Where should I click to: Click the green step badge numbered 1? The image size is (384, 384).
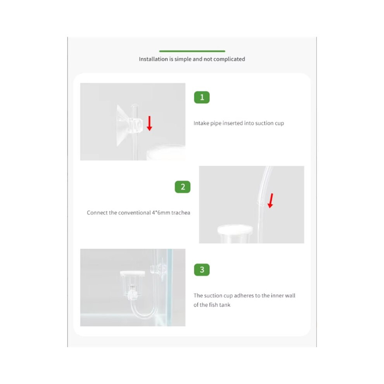tap(202, 97)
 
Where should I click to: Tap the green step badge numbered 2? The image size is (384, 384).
tap(182, 187)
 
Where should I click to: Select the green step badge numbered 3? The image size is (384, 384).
tap(202, 270)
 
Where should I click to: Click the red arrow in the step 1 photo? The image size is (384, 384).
tap(149, 123)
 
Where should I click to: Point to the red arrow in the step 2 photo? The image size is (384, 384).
tap(270, 201)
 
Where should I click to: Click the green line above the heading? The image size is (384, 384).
tap(192, 51)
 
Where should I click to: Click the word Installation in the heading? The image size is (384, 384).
tap(153, 59)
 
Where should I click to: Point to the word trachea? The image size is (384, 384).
tap(181, 213)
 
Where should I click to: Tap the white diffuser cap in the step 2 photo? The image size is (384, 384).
tap(235, 230)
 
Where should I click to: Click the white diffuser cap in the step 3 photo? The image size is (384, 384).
tap(132, 273)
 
